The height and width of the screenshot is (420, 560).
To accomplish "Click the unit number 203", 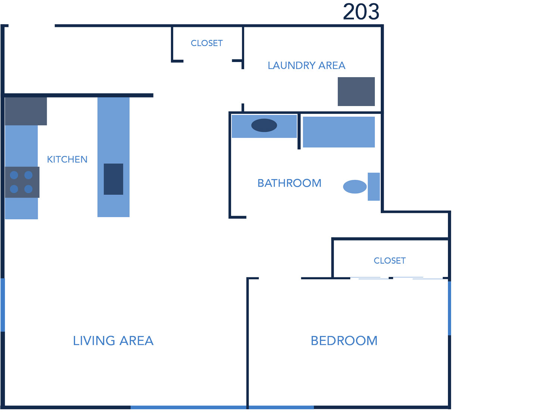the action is [x=361, y=12].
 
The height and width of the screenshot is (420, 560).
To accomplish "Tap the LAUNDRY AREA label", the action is [x=307, y=66].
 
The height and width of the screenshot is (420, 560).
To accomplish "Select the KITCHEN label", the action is [x=67, y=159].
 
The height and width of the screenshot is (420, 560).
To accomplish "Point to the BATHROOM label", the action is [x=289, y=183].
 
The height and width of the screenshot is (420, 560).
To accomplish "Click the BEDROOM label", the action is [x=344, y=341].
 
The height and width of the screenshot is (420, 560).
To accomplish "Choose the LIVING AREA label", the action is [x=113, y=341].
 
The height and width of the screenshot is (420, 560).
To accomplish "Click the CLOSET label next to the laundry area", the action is [x=207, y=43].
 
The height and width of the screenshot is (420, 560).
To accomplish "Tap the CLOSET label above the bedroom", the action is [x=390, y=261].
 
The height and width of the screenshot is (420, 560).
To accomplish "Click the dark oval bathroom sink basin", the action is [x=264, y=125].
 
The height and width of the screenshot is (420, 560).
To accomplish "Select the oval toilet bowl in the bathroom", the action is [x=355, y=187].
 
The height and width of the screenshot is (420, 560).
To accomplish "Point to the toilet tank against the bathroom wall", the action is [x=374, y=187].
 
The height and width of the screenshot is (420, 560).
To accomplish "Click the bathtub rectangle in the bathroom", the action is [x=339, y=132].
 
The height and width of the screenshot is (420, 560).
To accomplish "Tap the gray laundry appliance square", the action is [x=356, y=91].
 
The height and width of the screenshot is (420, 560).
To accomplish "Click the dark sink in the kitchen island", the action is [x=113, y=179].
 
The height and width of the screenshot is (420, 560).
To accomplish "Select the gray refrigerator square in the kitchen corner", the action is [x=26, y=111].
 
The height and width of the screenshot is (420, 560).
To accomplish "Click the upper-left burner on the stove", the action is [x=14, y=175].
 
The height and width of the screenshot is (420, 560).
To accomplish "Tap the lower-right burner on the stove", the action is [x=28, y=189].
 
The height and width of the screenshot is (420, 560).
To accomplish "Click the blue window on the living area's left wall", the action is [x=3, y=305].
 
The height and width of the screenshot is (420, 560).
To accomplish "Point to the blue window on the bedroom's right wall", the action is [x=449, y=308].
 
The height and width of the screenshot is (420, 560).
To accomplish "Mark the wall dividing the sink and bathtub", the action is [x=299, y=131].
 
